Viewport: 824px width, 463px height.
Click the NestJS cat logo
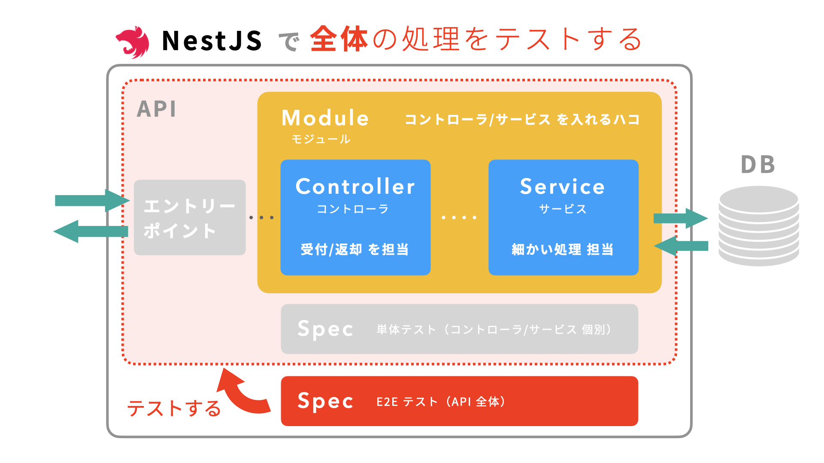133,42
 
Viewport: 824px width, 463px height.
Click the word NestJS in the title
212,41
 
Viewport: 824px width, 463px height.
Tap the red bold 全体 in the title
339,39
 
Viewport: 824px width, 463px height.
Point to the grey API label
157,109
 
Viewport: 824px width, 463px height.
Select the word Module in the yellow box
325,118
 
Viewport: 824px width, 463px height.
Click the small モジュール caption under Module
321,139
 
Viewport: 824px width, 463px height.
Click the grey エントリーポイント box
190,218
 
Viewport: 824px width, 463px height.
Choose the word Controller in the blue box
355,186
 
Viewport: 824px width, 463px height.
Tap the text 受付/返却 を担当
354,249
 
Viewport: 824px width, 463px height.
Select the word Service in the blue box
563,186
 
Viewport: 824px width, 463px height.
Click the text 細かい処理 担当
563,249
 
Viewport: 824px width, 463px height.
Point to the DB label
758,165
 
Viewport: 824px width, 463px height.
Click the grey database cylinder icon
759,226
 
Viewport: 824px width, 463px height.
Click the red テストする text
174,408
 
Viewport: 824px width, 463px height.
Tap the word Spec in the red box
325,401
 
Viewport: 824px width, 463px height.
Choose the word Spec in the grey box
325,329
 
